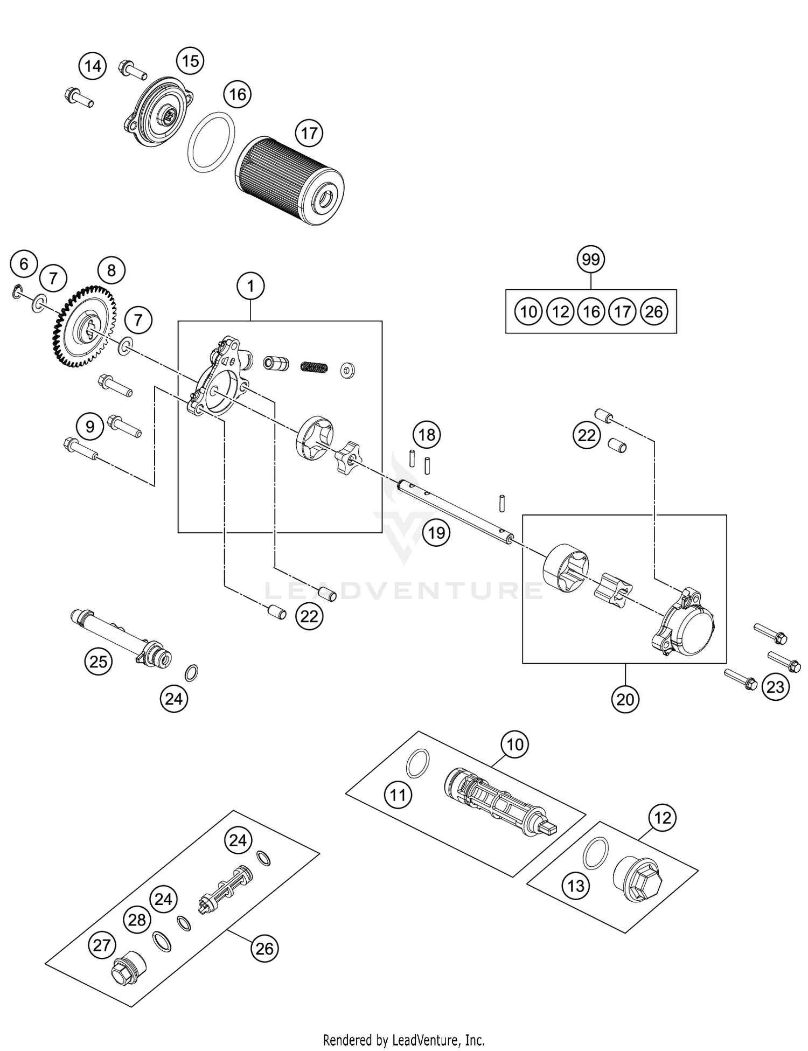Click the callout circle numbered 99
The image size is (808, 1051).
point(591,260)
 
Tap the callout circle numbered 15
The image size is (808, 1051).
point(191,61)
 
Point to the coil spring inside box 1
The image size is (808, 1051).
point(314,367)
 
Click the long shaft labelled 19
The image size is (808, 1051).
point(455,510)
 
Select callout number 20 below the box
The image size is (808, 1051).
point(625,699)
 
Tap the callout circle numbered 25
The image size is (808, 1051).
point(99,661)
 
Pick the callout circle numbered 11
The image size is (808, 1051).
point(398,795)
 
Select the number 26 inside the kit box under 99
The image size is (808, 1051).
point(654,312)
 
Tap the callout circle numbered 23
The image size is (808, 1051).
point(775,687)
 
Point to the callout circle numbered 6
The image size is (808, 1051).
point(24,264)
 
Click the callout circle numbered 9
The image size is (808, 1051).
point(90,427)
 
